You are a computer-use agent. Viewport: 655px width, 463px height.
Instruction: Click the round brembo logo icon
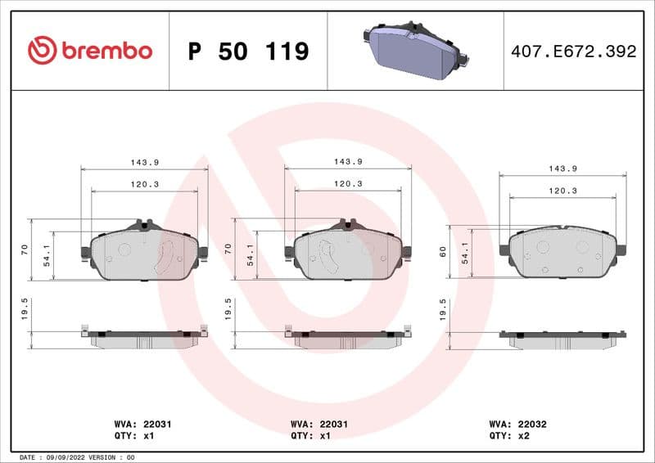pos(42,51)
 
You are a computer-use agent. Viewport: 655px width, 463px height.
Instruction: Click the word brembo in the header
pos(106,51)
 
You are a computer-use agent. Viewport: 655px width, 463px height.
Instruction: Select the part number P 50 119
pos(248,52)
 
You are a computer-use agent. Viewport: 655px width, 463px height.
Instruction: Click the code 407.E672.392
pos(572,52)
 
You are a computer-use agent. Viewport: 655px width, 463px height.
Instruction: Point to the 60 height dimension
pos(443,252)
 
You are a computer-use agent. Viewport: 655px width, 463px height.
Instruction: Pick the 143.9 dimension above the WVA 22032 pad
pos(562,169)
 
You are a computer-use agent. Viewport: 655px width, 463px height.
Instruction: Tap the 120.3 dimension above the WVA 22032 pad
pos(562,190)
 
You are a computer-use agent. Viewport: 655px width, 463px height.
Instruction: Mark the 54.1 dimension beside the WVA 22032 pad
pos(465,252)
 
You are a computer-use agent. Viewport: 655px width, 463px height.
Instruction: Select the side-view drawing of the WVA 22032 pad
pos(562,339)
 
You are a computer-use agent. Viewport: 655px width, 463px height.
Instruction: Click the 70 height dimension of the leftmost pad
pos(24,248)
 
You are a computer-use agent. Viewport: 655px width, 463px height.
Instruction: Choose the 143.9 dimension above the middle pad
pos(348,162)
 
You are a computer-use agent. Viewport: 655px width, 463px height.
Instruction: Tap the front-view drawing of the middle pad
pos(347,252)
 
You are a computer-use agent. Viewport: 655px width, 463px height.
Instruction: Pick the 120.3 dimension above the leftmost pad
pos(144,184)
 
